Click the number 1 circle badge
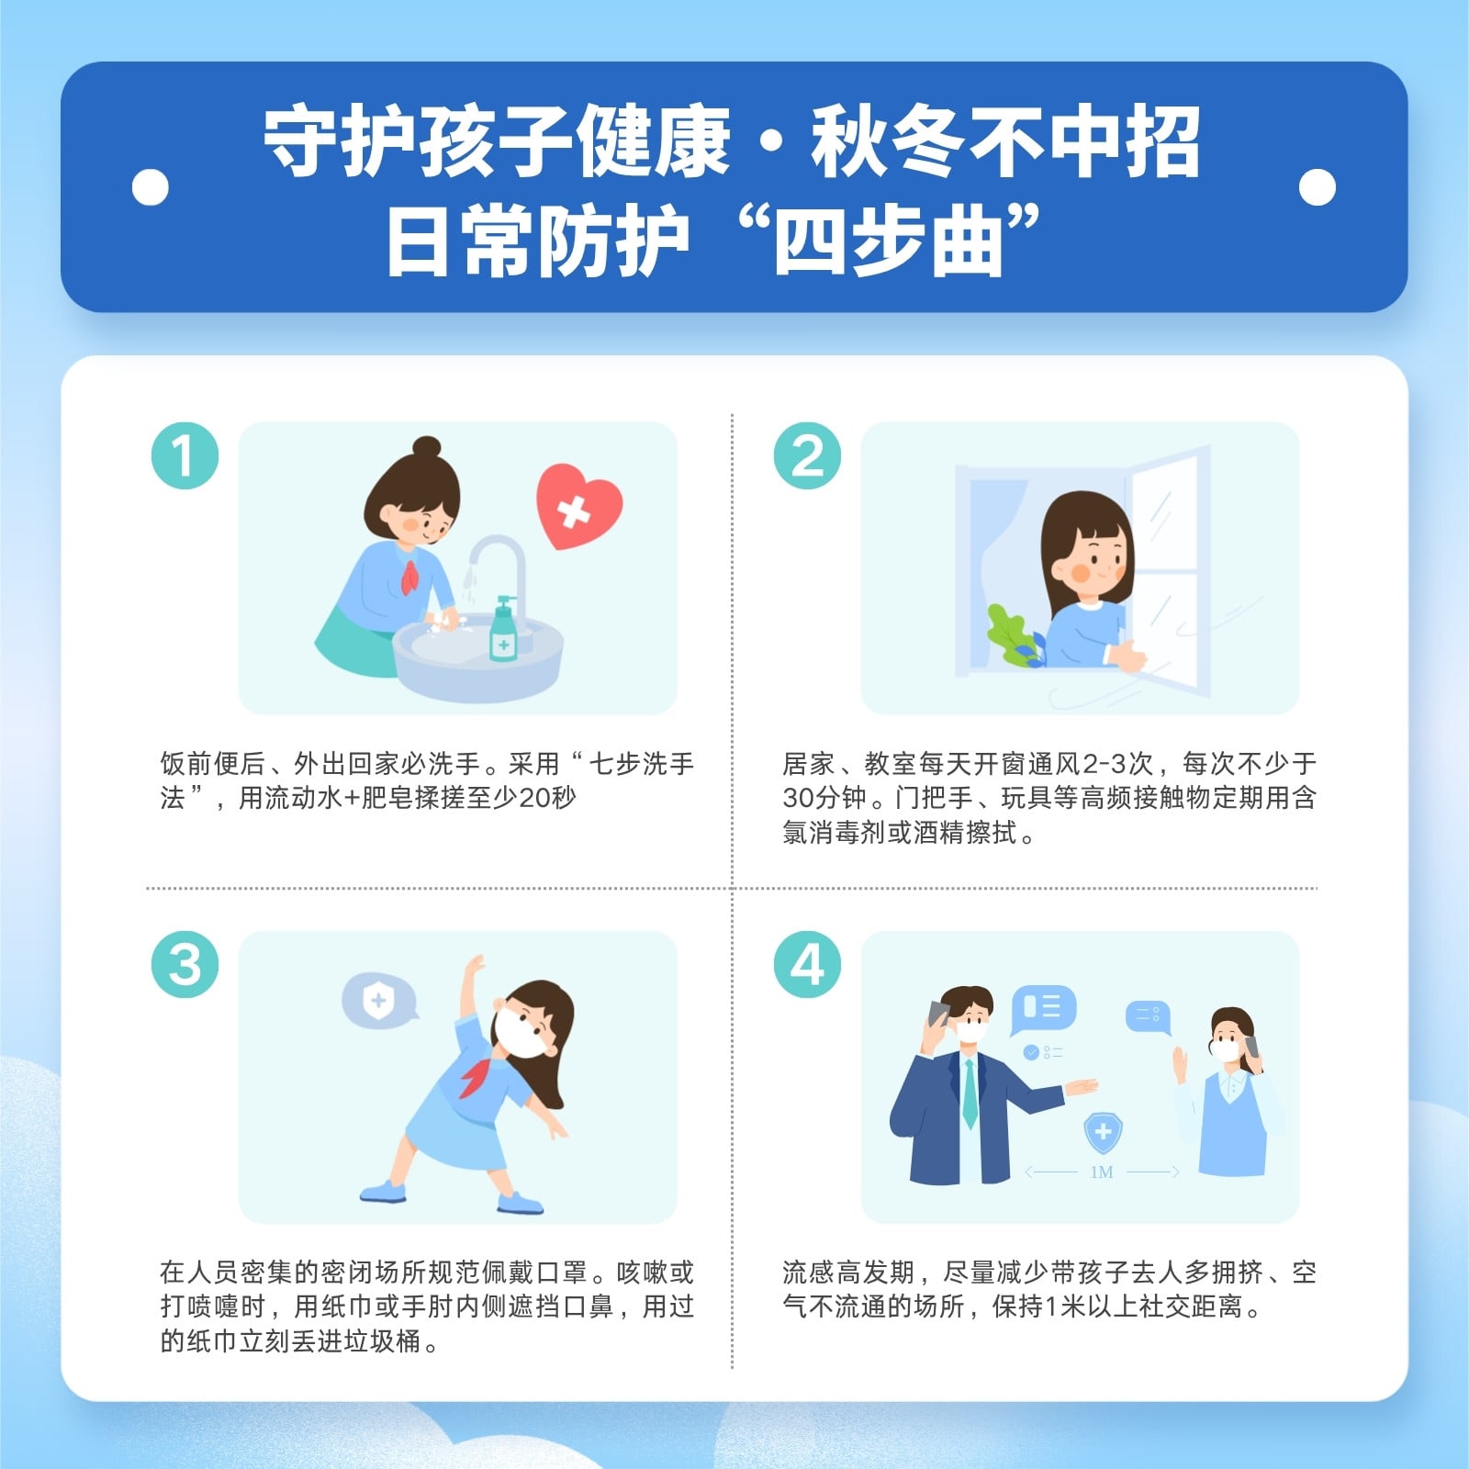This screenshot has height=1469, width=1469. pyautogui.click(x=185, y=455)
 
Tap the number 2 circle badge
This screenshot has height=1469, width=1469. pyautogui.click(x=807, y=455)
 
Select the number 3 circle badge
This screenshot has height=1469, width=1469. pyautogui.click(x=185, y=964)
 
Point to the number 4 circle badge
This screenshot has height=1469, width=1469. pyautogui.click(x=807, y=964)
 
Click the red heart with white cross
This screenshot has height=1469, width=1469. pyautogui.click(x=578, y=506)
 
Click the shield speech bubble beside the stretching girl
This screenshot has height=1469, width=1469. pyautogui.click(x=378, y=1001)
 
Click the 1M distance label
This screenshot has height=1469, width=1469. pyautogui.click(x=1102, y=1172)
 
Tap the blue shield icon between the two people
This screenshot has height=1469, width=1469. pyautogui.click(x=1103, y=1134)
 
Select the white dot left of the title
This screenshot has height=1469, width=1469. pyautogui.click(x=151, y=187)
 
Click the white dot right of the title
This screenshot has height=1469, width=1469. pyautogui.click(x=1318, y=187)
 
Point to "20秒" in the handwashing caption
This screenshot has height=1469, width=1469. pyautogui.click(x=547, y=798)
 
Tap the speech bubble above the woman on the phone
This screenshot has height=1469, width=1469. pyautogui.click(x=1149, y=1015)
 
